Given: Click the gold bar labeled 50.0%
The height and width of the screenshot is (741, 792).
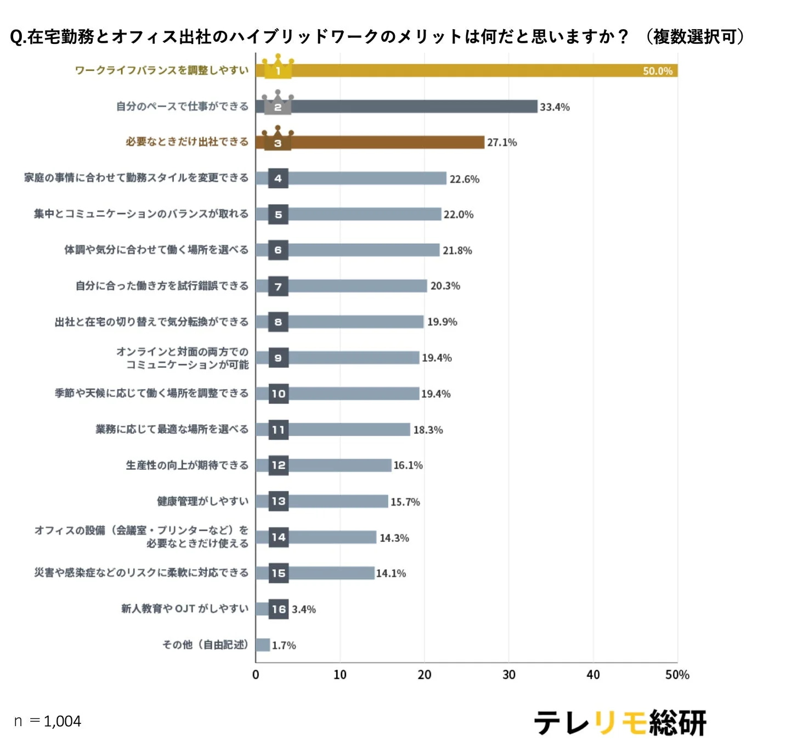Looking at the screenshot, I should (466, 70).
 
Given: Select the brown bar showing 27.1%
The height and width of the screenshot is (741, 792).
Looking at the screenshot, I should (384, 142).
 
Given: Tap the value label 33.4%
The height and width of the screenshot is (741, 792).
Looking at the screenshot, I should (555, 107).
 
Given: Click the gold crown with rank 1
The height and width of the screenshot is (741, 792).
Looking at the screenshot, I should (278, 67).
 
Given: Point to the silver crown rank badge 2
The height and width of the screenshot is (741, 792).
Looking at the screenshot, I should (278, 103).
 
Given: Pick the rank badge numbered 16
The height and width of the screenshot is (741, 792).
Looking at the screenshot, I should (279, 609).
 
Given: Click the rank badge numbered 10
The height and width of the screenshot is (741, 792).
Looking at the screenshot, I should (279, 394).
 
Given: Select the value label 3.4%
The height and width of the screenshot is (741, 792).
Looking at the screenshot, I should (303, 609).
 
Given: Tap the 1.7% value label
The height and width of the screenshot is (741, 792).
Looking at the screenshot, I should (284, 645).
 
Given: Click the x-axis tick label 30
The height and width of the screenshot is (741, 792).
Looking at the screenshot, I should (508, 675).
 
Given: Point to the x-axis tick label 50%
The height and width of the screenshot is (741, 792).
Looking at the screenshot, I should (677, 675).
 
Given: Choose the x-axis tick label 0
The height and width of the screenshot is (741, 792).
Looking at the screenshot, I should (256, 675).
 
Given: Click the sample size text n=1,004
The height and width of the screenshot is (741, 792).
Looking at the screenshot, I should (48, 721).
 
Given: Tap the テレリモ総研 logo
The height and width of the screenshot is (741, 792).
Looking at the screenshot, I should (620, 722).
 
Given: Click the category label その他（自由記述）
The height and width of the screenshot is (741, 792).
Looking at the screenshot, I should (205, 644).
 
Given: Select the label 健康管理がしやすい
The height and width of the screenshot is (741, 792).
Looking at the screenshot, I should (202, 501).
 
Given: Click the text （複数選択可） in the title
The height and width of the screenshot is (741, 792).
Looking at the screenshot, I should (695, 37).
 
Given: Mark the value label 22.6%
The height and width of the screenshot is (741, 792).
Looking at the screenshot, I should (464, 179).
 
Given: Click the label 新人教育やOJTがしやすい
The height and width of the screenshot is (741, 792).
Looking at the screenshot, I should (184, 608).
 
